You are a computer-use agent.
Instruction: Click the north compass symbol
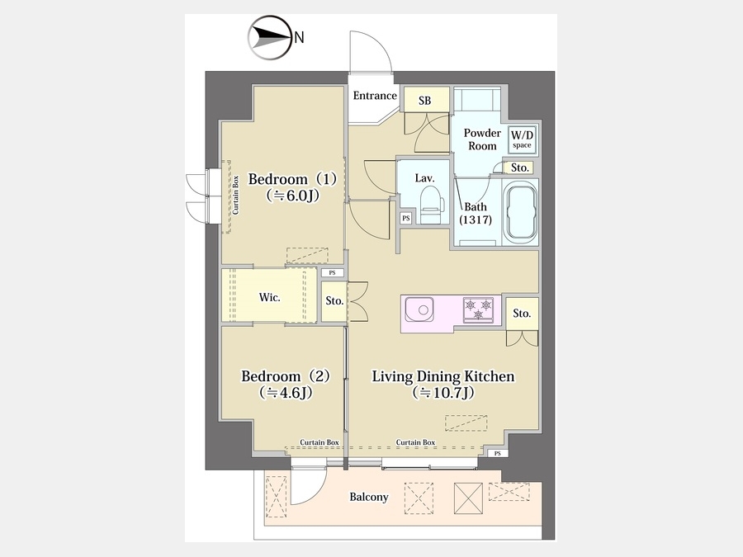tap(269, 37)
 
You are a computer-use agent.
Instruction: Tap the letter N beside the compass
tap(299, 37)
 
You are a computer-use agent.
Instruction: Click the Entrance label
tap(375, 96)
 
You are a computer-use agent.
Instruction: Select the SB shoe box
tap(425, 100)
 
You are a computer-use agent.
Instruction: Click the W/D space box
tap(522, 139)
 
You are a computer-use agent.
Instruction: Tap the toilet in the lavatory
tap(431, 204)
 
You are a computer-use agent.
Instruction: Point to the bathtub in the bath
tap(521, 212)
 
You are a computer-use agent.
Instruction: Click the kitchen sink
tap(419, 309)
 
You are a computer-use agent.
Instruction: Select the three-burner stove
tap(479, 309)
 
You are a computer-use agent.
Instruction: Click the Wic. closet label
tap(270, 297)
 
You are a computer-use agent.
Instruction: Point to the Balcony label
tap(369, 497)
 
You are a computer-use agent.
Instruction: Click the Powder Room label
tap(482, 139)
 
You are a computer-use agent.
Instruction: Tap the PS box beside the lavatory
tap(405, 219)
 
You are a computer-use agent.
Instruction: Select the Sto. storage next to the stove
tap(522, 314)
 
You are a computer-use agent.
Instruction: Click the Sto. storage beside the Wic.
tap(334, 301)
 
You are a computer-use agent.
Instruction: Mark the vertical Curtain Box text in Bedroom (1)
tap(235, 195)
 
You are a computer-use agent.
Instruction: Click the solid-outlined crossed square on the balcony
tap(468, 498)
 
